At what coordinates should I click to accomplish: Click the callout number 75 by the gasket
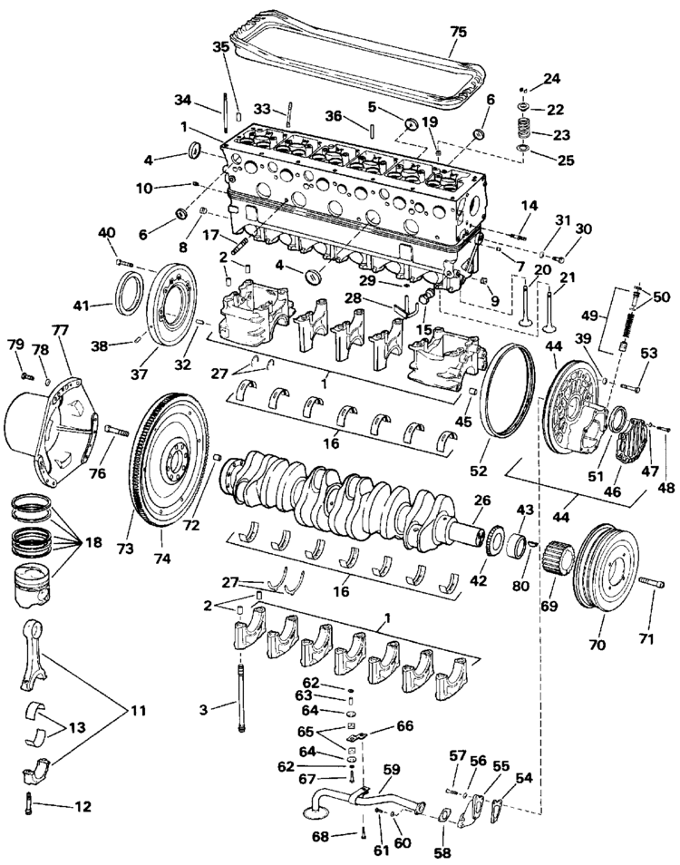click(458, 32)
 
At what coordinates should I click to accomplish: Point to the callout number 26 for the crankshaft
click(481, 499)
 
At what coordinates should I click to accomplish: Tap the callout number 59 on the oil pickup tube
click(392, 769)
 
